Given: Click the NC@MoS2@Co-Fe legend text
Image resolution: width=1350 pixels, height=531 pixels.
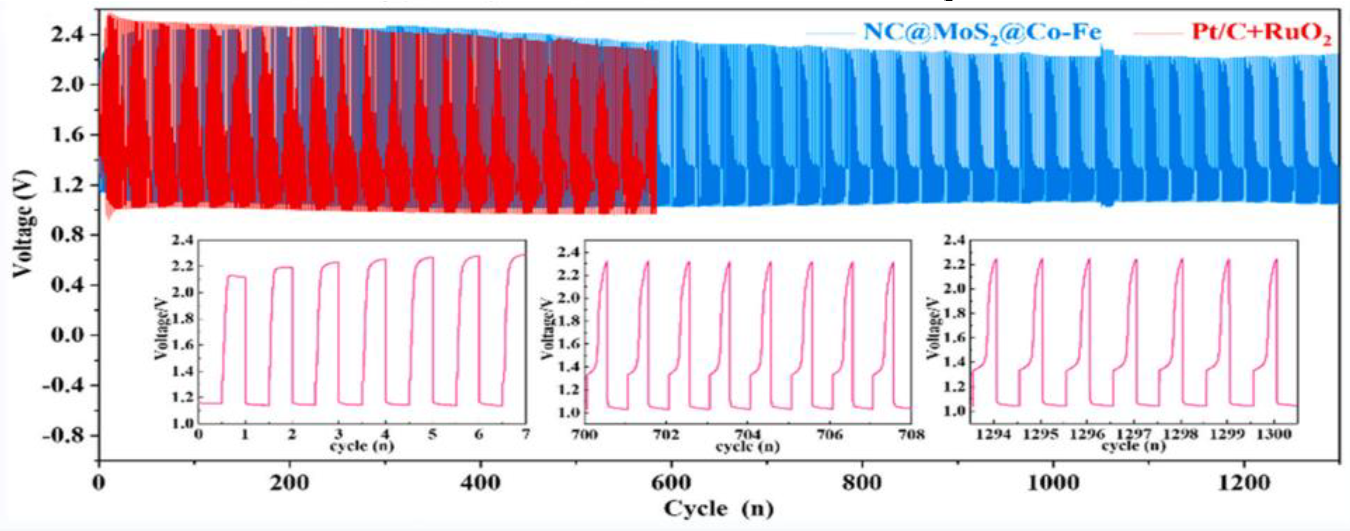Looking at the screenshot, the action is [982, 32].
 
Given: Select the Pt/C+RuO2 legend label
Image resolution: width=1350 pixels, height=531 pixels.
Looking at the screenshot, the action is [1261, 32].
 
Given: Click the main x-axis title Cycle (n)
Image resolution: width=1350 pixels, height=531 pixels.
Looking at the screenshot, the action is [718, 508].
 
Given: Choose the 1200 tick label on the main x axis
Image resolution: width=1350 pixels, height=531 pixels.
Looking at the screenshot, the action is [1244, 483].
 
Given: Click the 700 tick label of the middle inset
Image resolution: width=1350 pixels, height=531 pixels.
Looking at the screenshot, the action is [585, 434].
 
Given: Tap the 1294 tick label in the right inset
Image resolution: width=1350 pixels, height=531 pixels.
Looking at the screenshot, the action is [994, 434].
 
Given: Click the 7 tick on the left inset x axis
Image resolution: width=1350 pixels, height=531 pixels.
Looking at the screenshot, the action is [526, 434].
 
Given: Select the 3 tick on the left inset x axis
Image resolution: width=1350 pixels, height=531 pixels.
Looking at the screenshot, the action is [339, 434].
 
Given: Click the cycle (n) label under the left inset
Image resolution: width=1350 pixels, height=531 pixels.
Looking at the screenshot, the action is [362, 446].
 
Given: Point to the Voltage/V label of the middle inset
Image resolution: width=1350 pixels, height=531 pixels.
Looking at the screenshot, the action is [548, 333].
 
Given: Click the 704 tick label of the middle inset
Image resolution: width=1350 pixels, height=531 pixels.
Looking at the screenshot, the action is [748, 434].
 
